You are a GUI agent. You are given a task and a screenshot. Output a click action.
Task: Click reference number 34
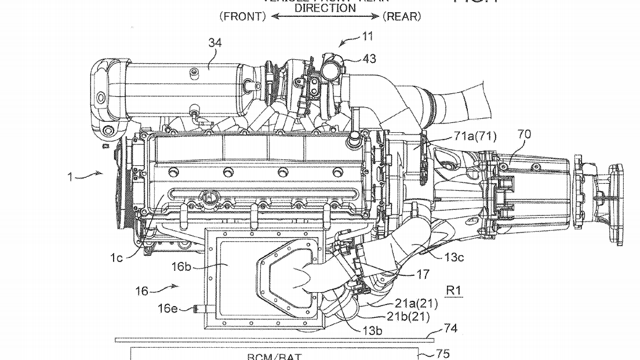(x=214, y=43)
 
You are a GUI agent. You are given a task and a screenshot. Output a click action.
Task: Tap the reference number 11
(x=367, y=37)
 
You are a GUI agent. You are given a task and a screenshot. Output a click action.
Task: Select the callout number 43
(x=369, y=59)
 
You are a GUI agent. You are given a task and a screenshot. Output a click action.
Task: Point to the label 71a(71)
(x=476, y=137)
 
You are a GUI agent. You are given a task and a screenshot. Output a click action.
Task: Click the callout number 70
(x=523, y=134)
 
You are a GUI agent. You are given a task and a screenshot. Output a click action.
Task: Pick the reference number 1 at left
(x=70, y=176)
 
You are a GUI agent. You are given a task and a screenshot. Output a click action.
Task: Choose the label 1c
(x=117, y=258)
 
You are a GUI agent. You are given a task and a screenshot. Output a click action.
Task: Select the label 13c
(x=454, y=258)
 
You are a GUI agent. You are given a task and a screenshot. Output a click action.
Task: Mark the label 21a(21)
(x=417, y=303)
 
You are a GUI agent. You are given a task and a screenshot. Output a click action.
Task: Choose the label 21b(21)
(x=409, y=316)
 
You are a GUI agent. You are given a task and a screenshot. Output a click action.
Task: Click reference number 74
(x=450, y=329)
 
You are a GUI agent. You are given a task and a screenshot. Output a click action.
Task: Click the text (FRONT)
(x=242, y=16)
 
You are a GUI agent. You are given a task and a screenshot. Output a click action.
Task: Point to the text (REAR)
(x=402, y=16)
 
